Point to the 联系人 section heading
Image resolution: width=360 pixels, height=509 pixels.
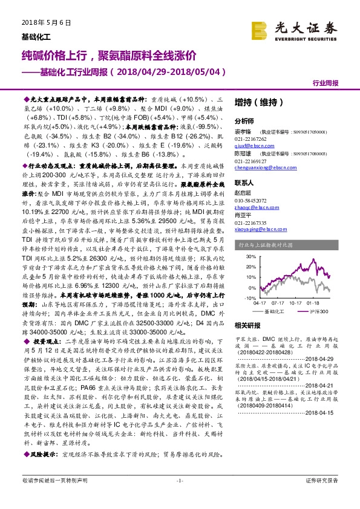tap(244, 182)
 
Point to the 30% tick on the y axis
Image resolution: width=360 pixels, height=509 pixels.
tap(240, 253)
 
